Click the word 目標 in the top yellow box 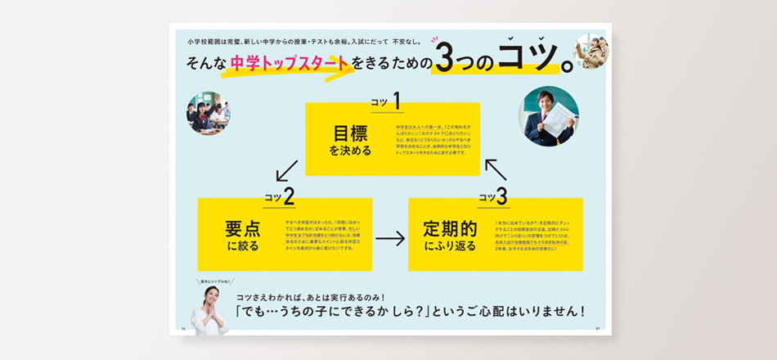click(351, 133)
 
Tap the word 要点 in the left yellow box click(242, 228)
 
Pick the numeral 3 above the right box click(501, 196)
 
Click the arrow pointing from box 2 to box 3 click(389, 238)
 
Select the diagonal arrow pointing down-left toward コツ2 click(286, 170)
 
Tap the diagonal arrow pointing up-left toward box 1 click(496, 169)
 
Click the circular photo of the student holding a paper click(548, 117)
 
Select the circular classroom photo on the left click(208, 113)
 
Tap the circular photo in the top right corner click(591, 51)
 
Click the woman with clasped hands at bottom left click(209, 310)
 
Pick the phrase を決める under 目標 click(350, 151)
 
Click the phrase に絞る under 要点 click(242, 246)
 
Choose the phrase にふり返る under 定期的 click(450, 245)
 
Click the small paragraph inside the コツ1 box click(433, 141)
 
